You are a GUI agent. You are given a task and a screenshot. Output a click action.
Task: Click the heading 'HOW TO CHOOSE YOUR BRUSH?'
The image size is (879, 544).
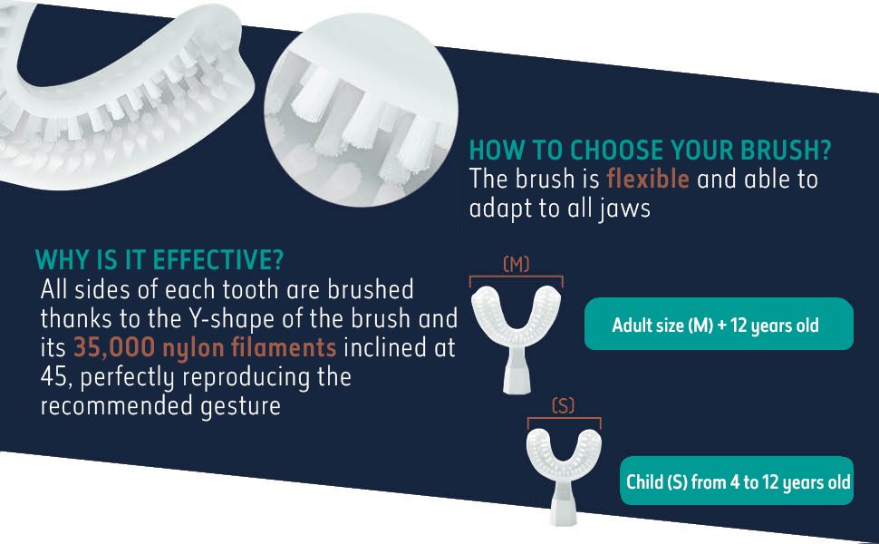(650, 150)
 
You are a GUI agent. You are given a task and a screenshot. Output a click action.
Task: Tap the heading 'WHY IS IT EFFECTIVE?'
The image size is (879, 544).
(159, 259)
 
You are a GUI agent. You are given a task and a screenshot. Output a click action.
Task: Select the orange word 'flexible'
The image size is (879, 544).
(648, 179)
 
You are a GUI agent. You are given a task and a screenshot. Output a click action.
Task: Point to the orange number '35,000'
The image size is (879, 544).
(114, 348)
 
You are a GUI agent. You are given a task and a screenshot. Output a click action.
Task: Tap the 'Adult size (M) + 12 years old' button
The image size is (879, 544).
(719, 325)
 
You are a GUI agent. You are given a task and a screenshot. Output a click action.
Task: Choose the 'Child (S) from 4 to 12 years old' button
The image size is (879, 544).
(737, 481)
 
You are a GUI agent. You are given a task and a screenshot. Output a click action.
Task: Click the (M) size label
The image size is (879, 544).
(516, 264)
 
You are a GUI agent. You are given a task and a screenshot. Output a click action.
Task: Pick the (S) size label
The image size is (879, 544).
(564, 405)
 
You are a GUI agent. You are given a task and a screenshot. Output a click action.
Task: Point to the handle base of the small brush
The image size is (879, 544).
(563, 505)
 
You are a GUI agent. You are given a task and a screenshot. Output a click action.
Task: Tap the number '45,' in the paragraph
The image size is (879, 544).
(57, 377)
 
